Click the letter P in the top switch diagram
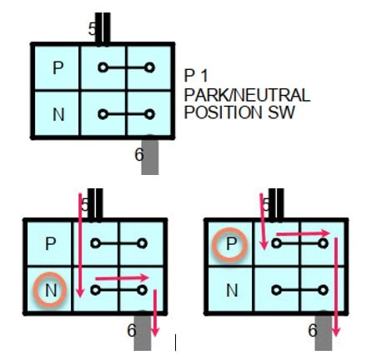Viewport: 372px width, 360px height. (x=58, y=67)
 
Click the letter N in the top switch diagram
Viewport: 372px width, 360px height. (x=58, y=114)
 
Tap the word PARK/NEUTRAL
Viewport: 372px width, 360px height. (x=247, y=95)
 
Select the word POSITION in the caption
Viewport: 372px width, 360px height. (x=223, y=112)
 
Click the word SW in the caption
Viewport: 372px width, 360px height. (x=281, y=112)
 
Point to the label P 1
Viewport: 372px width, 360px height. (x=196, y=75)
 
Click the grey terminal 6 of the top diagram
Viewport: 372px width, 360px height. (x=150, y=157)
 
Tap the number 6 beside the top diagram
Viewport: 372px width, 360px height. (x=139, y=154)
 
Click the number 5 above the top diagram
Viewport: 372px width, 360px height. (x=92, y=29)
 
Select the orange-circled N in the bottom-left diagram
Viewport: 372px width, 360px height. (x=51, y=291)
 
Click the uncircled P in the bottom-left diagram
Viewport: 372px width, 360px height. (x=50, y=244)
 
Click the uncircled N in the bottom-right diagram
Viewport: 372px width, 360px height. (x=232, y=291)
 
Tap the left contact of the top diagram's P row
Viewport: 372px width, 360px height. (x=103, y=67)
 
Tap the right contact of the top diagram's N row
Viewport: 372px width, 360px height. (x=149, y=114)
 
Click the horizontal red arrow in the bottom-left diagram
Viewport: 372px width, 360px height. (x=123, y=277)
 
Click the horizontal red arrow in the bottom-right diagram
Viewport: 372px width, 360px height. (x=304, y=233)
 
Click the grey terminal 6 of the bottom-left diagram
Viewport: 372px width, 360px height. (x=143, y=332)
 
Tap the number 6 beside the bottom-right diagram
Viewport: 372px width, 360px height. (x=313, y=330)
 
